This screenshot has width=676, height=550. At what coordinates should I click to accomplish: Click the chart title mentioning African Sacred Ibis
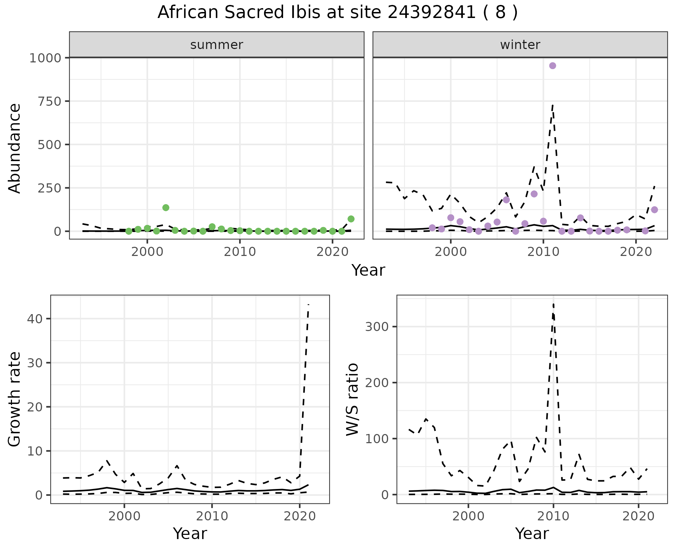point(337,13)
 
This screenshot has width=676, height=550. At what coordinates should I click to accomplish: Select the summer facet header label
point(217,45)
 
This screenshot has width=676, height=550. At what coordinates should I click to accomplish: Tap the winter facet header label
point(520,45)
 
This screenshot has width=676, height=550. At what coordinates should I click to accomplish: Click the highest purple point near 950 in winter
point(552,66)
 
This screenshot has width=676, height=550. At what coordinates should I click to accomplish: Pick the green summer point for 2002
point(166,208)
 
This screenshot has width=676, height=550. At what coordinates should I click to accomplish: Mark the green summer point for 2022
point(351,219)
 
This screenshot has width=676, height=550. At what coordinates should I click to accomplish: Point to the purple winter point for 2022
point(654,210)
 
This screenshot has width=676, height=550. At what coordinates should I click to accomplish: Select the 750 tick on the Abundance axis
point(49,101)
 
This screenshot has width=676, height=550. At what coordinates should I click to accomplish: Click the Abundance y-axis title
point(15,148)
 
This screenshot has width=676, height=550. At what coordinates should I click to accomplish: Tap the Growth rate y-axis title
point(15,399)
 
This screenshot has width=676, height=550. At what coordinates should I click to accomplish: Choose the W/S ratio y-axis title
point(352,399)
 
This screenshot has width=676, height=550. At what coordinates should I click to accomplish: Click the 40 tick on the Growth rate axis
point(34,319)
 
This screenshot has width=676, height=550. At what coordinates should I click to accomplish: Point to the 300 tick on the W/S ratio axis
point(376,326)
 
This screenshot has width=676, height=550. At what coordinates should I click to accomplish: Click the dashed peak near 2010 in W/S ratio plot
point(553,304)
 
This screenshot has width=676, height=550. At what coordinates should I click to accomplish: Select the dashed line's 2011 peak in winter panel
point(553,105)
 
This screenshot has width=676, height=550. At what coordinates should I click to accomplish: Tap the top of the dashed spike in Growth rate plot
point(308,305)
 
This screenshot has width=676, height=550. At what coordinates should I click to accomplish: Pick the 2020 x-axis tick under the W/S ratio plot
point(638,517)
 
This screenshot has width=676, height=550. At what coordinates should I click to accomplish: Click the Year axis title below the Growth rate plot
point(190,534)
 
